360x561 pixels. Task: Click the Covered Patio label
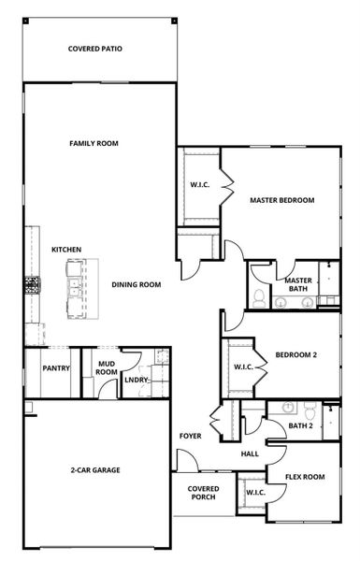95,49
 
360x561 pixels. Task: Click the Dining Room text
137,284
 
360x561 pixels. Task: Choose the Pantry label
56,368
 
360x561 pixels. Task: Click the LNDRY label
137,379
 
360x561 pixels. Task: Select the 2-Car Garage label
95,470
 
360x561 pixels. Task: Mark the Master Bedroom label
281,200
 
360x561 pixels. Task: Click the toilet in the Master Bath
259,299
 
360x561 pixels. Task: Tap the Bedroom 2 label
295,354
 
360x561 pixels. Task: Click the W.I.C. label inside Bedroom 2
244,367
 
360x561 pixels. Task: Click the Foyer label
191,437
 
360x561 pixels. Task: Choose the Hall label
250,454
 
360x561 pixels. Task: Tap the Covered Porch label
204,492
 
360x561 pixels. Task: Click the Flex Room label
305,477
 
